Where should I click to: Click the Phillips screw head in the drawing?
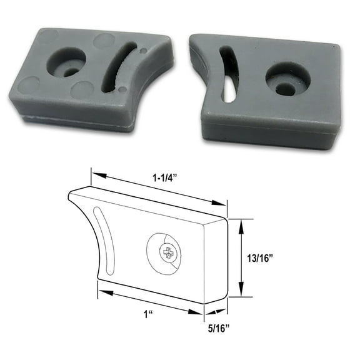[x=167, y=253]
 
